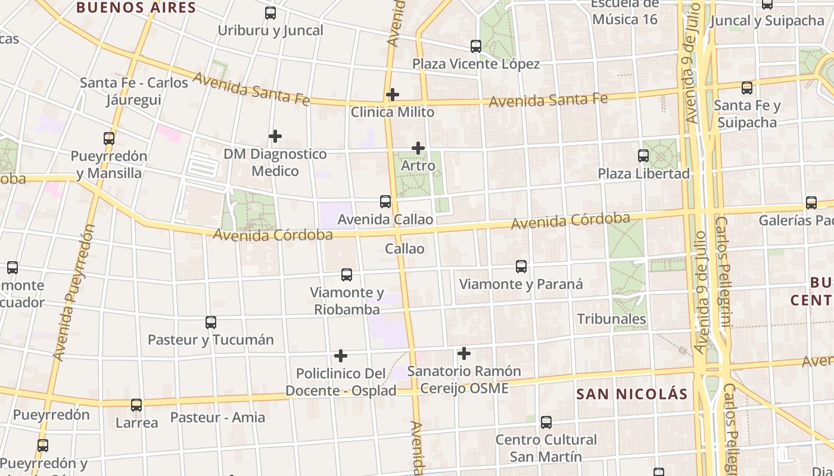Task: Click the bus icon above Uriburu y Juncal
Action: pyautogui.click(x=270, y=13)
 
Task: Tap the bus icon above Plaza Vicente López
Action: pyautogui.click(x=475, y=46)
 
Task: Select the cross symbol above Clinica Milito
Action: pyautogui.click(x=392, y=95)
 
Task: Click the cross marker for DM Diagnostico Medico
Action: pyautogui.click(x=275, y=136)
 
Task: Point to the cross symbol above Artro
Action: pyautogui.click(x=418, y=148)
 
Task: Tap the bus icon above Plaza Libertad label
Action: pyautogui.click(x=643, y=156)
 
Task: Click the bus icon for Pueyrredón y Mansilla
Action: pyautogui.click(x=109, y=139)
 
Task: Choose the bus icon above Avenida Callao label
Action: pyautogui.click(x=385, y=202)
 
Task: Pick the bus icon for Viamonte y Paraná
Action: pyautogui.click(x=521, y=267)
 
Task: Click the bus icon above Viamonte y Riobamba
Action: pyautogui.click(x=347, y=275)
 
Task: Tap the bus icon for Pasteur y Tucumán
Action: pyautogui.click(x=211, y=322)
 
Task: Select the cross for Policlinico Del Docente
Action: pyautogui.click(x=341, y=356)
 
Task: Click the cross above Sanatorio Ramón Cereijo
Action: pyautogui.click(x=464, y=353)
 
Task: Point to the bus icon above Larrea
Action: pyautogui.click(x=136, y=405)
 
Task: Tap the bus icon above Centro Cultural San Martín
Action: pyautogui.click(x=546, y=422)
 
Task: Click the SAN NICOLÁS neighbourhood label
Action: pyautogui.click(x=632, y=394)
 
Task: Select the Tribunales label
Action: pyautogui.click(x=611, y=319)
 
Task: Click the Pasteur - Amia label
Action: pyautogui.click(x=217, y=417)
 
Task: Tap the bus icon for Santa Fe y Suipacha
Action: pyautogui.click(x=747, y=88)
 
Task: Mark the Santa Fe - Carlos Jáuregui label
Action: pyautogui.click(x=134, y=90)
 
